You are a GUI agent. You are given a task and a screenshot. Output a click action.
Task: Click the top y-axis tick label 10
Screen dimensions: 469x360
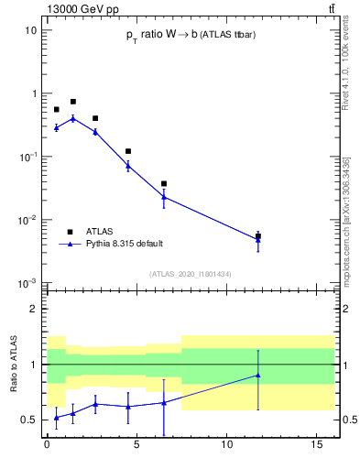tap(30, 30)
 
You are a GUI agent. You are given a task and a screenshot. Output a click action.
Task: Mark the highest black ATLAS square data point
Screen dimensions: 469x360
tap(73, 102)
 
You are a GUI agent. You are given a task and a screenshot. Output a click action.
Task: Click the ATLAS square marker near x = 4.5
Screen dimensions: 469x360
tap(128, 151)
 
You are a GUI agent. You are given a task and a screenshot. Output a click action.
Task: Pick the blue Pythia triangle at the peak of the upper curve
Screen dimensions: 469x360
tap(73, 118)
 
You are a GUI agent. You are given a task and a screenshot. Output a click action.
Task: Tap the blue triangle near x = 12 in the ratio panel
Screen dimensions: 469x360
tap(258, 375)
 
